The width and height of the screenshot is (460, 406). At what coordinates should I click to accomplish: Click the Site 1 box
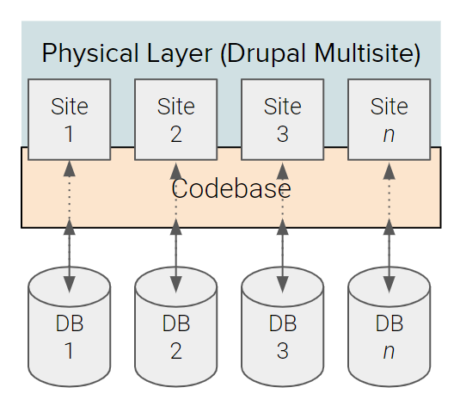69,119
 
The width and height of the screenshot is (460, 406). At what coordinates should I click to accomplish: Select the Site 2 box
175,119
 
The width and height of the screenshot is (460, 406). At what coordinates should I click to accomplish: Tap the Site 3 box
282,119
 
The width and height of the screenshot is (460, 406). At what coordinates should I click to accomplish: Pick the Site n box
389,119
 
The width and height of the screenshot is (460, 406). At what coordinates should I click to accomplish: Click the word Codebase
230,189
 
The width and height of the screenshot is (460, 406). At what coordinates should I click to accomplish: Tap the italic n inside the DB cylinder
389,351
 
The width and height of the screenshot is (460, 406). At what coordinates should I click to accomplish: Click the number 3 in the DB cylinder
282,350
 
